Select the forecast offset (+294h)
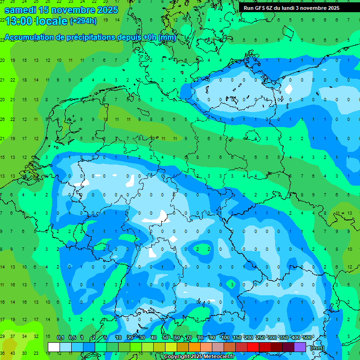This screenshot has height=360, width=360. [83, 21]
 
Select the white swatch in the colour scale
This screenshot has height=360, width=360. [54, 347]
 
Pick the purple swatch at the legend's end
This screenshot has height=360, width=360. [300, 347]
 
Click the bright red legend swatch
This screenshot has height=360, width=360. [253, 347]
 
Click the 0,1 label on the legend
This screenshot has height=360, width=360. [60, 337]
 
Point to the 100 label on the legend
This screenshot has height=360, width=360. [225, 337]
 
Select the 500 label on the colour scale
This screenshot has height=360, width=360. [307, 337]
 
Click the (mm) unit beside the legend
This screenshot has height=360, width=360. [317, 347]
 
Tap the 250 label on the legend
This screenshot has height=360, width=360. [261, 337]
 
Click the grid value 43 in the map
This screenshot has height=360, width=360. [14, 353]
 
